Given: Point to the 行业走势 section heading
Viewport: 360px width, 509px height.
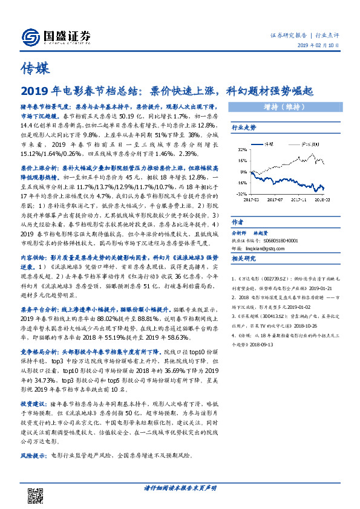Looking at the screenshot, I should [x=244, y=128].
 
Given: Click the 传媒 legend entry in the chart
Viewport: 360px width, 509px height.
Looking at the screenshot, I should [x=275, y=145].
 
